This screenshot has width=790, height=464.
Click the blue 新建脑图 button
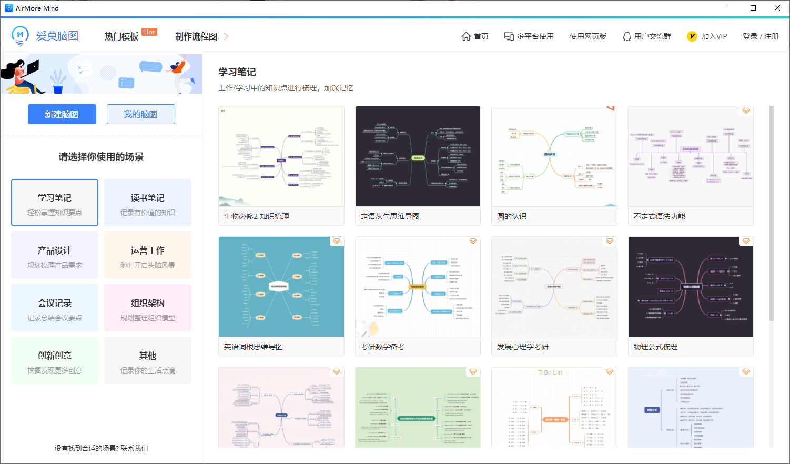point(62,114)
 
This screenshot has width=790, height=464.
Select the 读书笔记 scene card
point(148,203)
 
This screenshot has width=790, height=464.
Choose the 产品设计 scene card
point(55,256)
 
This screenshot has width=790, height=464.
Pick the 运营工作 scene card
point(148,256)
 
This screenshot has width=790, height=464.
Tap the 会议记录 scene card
point(55,308)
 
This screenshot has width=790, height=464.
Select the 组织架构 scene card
point(148,308)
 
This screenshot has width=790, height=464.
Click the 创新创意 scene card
point(55,361)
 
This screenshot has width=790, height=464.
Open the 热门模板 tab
point(121,36)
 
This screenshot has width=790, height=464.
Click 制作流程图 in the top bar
point(196,36)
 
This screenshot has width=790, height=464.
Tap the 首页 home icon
point(466,36)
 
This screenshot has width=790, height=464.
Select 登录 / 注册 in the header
point(761,36)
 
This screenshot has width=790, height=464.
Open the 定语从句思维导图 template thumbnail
point(418,156)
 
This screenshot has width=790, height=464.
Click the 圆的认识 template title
point(512,216)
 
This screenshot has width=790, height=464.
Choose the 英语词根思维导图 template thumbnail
point(281,287)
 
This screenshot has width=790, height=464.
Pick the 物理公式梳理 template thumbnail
point(691,287)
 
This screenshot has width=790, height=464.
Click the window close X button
point(777,8)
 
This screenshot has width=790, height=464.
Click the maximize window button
point(753,8)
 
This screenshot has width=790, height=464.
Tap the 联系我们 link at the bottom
point(134,448)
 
